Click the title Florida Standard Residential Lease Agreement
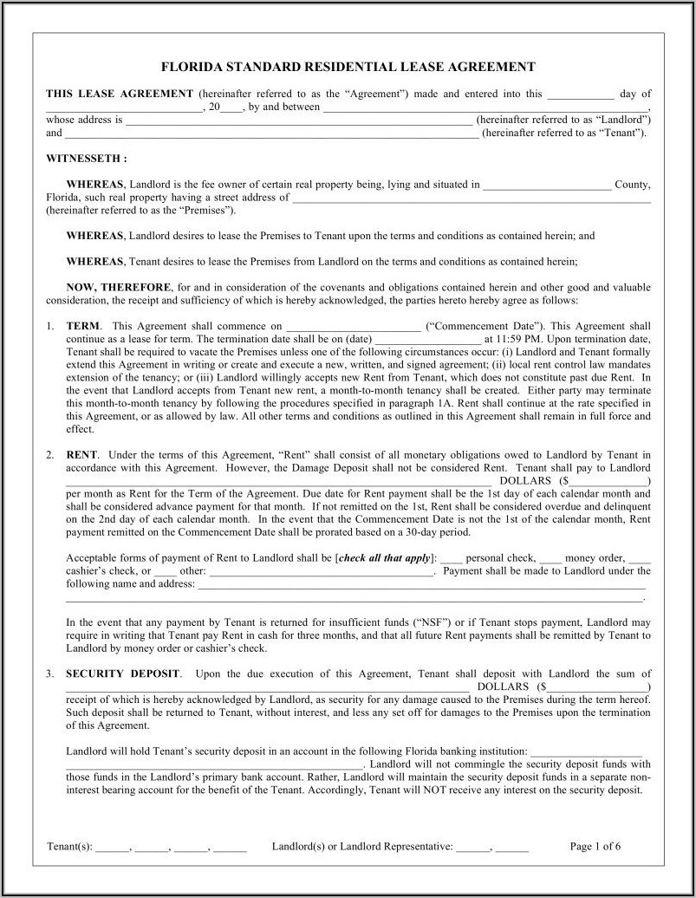(x=348, y=66)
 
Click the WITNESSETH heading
(x=87, y=159)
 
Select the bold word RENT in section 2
(x=82, y=454)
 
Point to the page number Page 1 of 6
(x=595, y=846)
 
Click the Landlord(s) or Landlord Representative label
(x=361, y=846)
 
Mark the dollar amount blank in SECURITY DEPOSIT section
(x=596, y=687)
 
